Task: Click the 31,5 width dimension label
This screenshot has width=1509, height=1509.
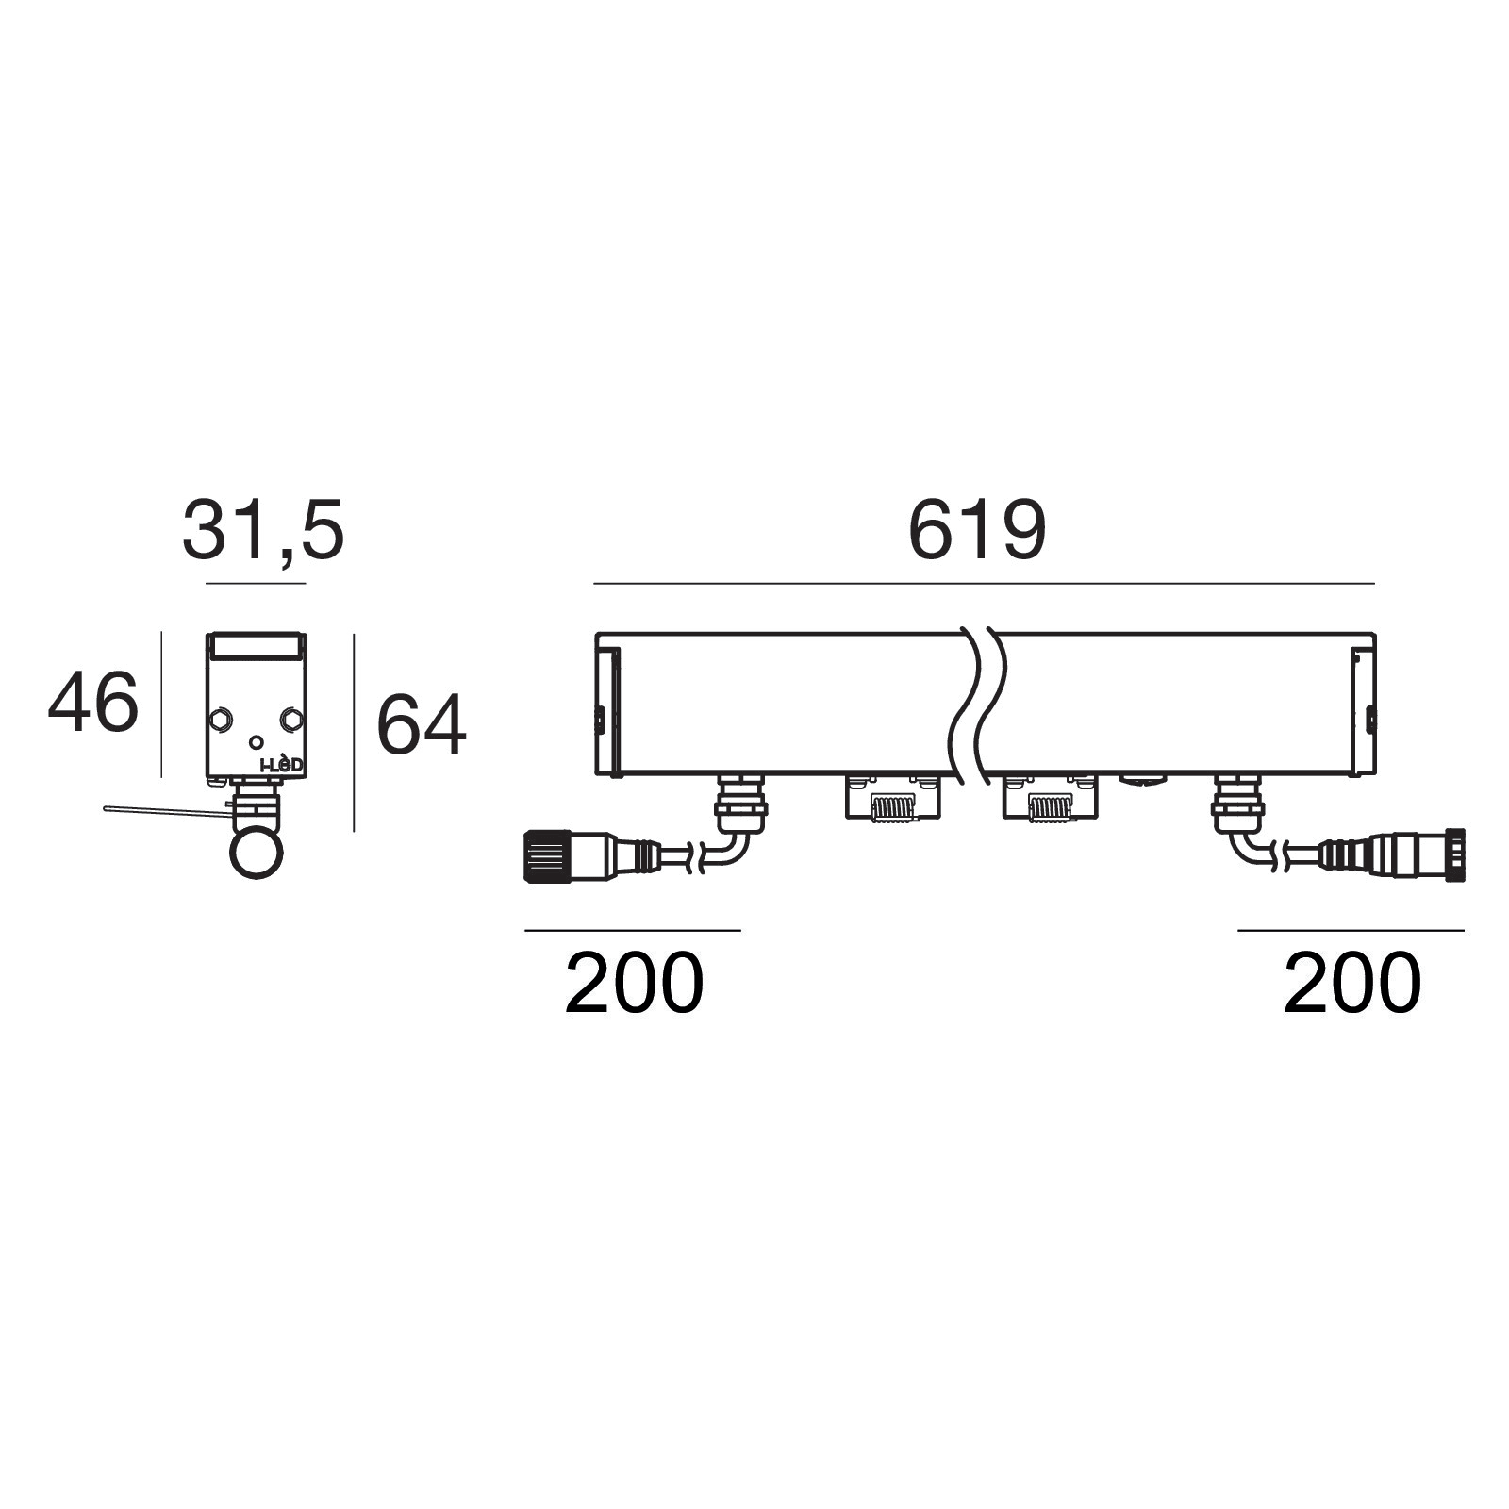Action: pos(263,531)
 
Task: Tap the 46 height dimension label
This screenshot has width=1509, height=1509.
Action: pos(93,702)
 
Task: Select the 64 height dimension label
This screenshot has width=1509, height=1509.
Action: pos(421,724)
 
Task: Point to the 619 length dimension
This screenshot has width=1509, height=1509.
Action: pos(977,531)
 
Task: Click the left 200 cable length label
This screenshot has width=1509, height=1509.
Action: pos(634,983)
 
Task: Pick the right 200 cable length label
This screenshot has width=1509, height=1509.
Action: pos(1351,983)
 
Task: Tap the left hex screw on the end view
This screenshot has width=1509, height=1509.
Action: pos(222,720)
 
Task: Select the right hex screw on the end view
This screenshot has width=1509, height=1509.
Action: pos(290,720)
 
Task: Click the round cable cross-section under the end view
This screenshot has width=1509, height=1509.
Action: pos(257,854)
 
